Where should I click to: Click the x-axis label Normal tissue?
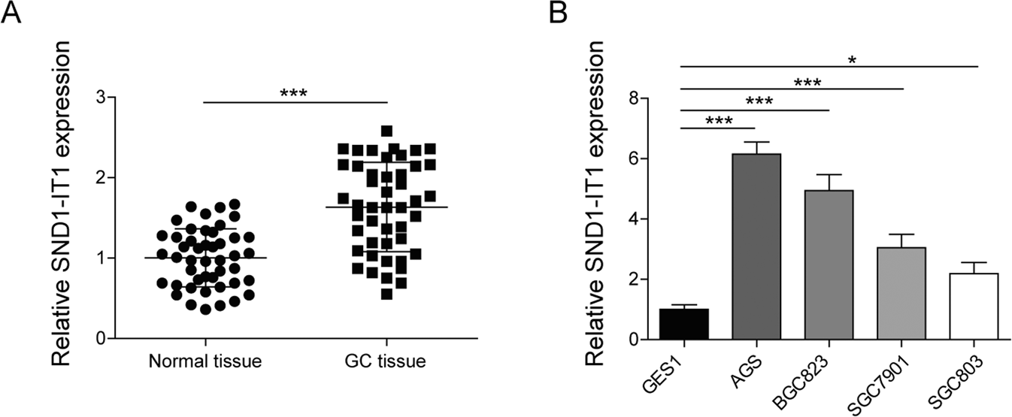(x=205, y=361)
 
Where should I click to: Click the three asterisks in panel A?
(x=294, y=94)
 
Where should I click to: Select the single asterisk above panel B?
(x=829, y=60)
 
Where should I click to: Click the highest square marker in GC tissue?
(x=386, y=131)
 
